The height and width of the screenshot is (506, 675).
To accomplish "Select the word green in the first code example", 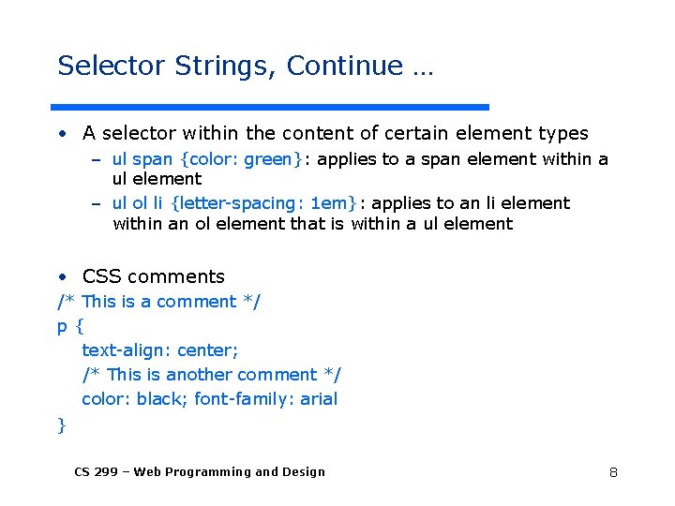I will pos(268,159).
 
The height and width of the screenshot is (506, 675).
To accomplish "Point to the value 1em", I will pos(328,203).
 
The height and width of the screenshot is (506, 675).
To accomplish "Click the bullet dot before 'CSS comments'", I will pos(61,276).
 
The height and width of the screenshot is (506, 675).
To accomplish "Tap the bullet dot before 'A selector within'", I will pos(61,134).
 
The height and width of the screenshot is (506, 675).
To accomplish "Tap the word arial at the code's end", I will pos(316,399).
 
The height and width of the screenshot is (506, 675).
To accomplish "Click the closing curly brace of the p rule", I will pos(62,424).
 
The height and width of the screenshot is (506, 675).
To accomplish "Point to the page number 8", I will pos(613,472).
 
